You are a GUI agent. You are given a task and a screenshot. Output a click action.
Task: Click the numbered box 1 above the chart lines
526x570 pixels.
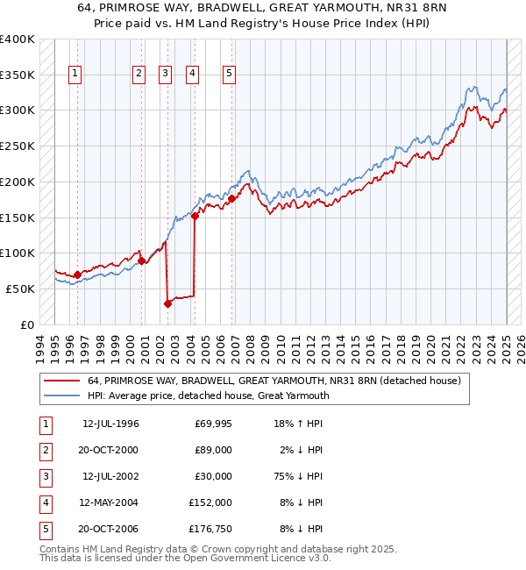click(x=76, y=75)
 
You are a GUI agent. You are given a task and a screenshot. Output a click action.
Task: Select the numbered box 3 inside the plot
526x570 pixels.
click(x=165, y=75)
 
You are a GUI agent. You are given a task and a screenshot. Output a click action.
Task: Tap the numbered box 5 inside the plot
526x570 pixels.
click(x=229, y=75)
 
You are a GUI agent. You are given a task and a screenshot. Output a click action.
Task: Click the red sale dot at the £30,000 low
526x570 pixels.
click(x=167, y=303)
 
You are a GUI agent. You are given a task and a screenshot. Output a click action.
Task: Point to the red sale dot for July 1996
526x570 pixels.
click(x=77, y=274)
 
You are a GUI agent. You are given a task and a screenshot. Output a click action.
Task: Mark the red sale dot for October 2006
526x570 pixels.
click(x=232, y=198)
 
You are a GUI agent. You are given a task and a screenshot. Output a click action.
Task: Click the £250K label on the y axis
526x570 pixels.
click(x=18, y=146)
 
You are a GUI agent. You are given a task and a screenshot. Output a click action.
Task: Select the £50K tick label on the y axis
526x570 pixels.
click(x=21, y=289)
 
